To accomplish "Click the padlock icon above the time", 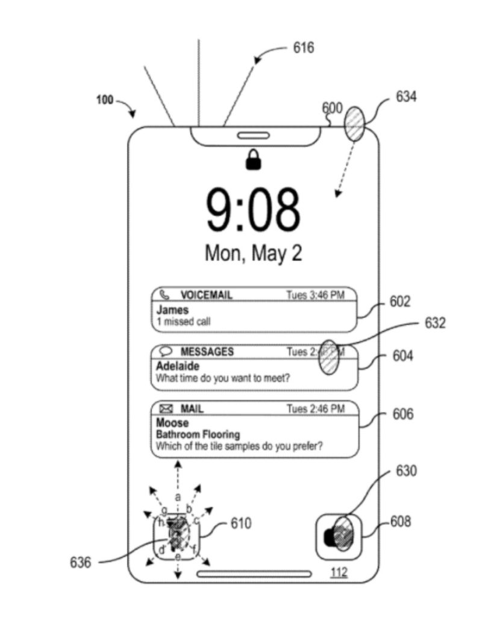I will (254, 160).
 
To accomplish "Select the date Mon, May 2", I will (253, 252).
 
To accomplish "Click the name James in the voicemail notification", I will (172, 310).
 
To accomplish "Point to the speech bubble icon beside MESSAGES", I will (166, 351).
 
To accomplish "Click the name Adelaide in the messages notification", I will (178, 366).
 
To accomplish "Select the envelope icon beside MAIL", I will (166, 409).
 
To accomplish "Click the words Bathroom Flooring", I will (198, 434).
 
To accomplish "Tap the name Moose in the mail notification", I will (172, 423).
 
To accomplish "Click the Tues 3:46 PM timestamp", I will (315, 295).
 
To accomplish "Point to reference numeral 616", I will (304, 48).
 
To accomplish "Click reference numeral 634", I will (406, 96).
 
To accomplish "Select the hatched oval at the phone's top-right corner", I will (354, 124).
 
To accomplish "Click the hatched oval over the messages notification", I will (328, 357).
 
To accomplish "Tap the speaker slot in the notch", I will (253, 136).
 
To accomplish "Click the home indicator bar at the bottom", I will (254, 574).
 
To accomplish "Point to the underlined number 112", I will (339, 573).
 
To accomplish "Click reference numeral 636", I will (81, 563).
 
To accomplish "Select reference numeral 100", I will (105, 100).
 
